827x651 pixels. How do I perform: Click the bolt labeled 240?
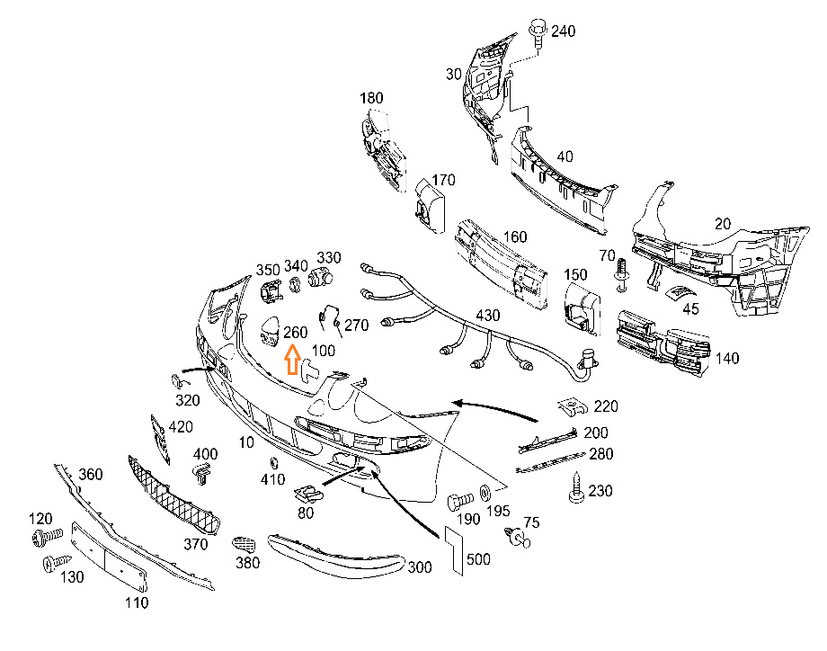coord(538,32)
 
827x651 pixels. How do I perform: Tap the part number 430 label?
coord(487,316)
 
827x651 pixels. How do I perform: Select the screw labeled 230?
coord(576,487)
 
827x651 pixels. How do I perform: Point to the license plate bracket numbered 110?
coord(109,558)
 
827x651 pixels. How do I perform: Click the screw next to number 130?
coord(57,562)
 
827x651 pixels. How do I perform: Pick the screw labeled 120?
coord(48,537)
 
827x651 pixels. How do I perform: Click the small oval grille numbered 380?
coord(245,544)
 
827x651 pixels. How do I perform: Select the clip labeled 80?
coord(308,495)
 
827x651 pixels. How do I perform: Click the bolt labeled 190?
coord(459,501)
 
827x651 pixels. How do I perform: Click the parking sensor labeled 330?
coord(320,276)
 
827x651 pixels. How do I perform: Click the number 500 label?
coord(478,559)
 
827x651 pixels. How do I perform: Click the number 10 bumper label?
coord(246,442)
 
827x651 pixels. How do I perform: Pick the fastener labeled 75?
coord(518,538)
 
